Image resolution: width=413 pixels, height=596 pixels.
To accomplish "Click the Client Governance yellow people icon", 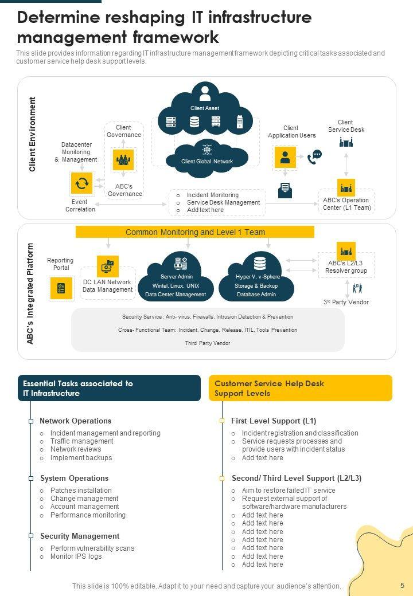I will click(123, 159).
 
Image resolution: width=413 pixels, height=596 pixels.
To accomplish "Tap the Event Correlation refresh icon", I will click(82, 183).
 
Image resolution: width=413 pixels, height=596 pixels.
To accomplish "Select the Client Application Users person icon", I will click(285, 157).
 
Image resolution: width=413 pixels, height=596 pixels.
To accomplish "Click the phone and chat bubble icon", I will click(314, 156).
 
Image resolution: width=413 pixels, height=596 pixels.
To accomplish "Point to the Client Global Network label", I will click(207, 162).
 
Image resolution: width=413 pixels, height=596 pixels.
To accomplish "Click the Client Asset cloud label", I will click(205, 108).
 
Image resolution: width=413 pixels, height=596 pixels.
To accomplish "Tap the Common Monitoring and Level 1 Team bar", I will click(195, 232).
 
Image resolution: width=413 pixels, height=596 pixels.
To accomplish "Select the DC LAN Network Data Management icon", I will click(108, 266).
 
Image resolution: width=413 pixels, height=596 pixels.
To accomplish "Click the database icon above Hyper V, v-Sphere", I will click(260, 264).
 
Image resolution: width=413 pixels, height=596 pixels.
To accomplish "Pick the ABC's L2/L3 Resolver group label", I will click(346, 267).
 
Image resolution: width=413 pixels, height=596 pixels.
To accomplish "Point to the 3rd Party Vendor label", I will click(346, 302).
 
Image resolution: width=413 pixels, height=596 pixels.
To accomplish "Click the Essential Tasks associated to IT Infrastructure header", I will click(109, 388).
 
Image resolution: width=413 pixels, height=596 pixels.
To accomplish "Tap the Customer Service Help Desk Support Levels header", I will click(301, 388).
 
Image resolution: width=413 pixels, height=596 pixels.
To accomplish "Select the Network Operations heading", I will click(75, 421).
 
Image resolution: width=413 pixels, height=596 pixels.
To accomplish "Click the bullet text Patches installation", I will click(81, 491).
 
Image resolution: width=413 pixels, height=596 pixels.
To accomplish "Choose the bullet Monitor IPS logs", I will click(76, 556).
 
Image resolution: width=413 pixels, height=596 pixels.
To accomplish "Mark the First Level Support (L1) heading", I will click(274, 421).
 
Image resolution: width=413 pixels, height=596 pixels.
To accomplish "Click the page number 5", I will click(402, 585).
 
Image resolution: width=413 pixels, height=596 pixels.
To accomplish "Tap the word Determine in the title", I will click(59, 18).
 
